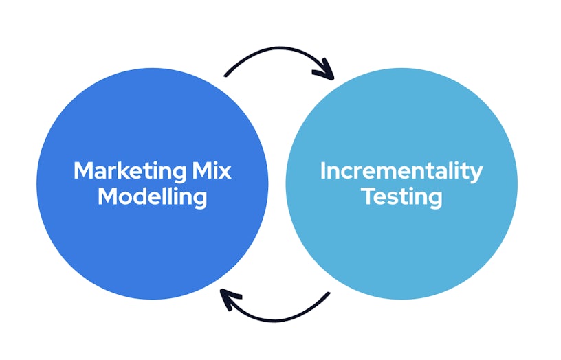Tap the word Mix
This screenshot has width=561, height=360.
[x=212, y=170]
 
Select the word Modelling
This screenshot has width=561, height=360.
[x=152, y=196]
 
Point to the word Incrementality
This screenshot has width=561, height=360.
[x=401, y=171]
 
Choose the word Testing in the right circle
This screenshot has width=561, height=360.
[x=401, y=197]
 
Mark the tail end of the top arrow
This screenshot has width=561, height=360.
[x=226, y=75]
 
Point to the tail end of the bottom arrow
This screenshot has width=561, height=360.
[x=329, y=294]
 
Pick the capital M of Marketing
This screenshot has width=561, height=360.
[x=82, y=170]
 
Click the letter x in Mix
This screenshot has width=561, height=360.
[x=225, y=171]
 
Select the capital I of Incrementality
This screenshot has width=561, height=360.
[x=323, y=170]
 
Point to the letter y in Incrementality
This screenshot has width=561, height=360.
[x=476, y=174]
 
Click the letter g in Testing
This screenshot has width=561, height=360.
[x=433, y=200]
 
